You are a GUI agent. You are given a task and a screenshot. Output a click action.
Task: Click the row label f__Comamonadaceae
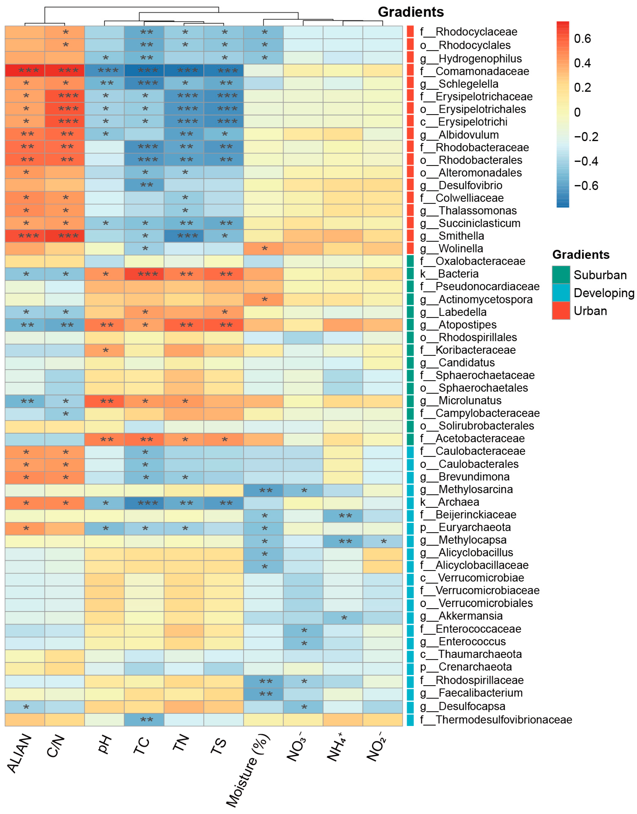(x=482, y=71)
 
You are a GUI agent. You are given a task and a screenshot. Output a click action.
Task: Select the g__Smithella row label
(x=461, y=236)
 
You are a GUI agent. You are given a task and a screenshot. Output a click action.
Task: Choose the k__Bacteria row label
(x=449, y=274)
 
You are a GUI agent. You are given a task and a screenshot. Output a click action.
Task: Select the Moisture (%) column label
(x=248, y=770)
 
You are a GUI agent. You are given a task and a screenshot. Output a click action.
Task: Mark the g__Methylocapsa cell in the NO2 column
(x=383, y=541)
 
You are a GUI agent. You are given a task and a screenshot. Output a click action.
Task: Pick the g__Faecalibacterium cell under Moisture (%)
(x=263, y=694)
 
